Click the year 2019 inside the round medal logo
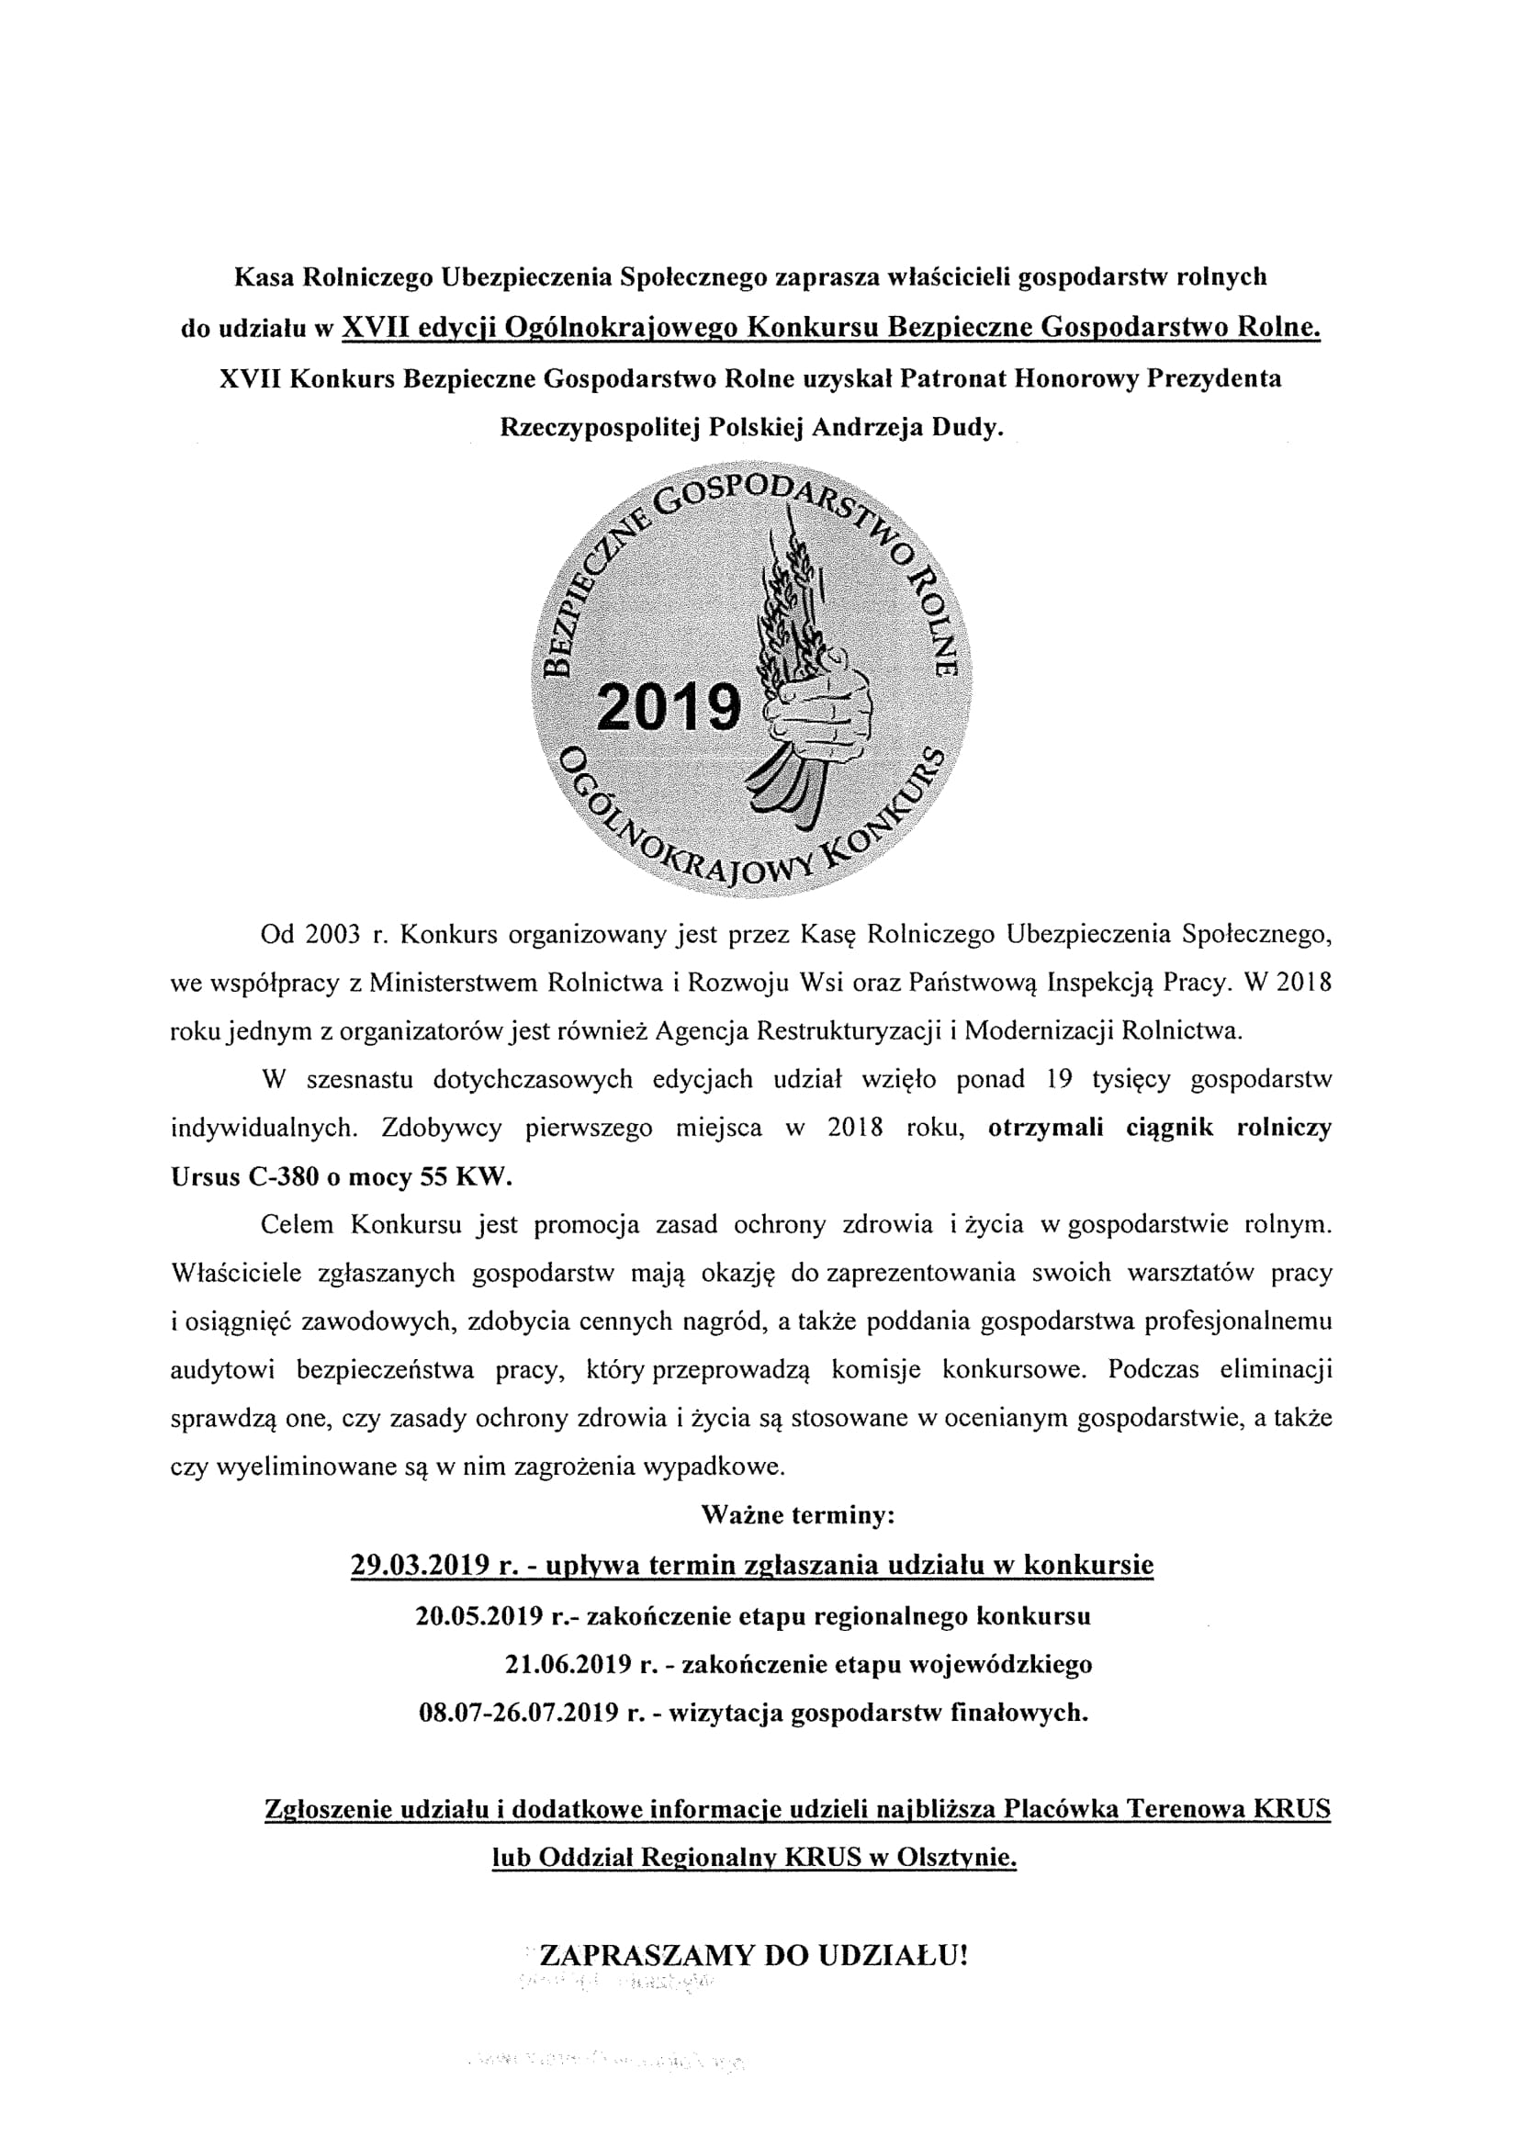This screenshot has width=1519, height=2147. pos(668,707)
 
